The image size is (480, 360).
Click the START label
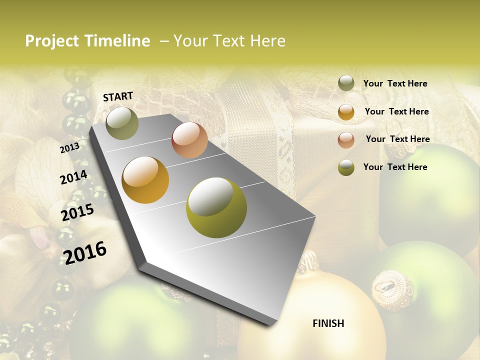tap(118, 96)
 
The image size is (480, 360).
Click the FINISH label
tap(328, 323)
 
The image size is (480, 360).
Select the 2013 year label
tap(69, 147)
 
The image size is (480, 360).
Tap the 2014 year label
tap(73, 177)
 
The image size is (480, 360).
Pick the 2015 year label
tap(77, 212)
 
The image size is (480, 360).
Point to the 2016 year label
tap(85, 252)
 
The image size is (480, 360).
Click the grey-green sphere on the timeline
tap(122, 123)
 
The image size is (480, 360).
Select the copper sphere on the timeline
tap(189, 140)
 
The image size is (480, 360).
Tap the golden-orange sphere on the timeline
tap(145, 180)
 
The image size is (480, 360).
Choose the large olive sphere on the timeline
tap(216, 207)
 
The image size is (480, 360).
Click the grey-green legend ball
tap(346, 83)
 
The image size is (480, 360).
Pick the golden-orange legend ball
tap(346, 112)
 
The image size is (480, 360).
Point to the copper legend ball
tap(346, 140)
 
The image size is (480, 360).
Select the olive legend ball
tap(346, 167)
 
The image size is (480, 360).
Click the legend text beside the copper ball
tap(397, 139)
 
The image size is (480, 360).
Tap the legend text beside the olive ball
tap(395, 167)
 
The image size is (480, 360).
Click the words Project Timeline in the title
tap(87, 41)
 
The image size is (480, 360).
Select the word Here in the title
tap(267, 41)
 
